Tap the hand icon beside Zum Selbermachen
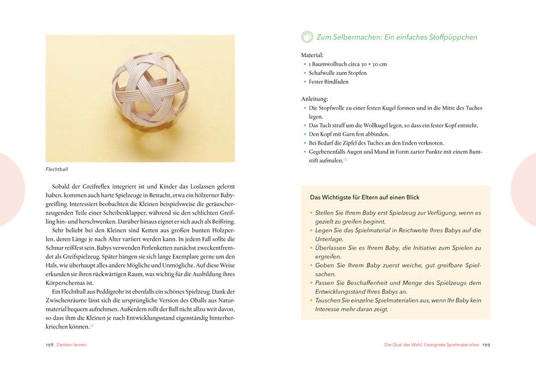click(x=307, y=36)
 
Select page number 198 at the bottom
click(x=50, y=345)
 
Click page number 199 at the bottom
click(x=486, y=345)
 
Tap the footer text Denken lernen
click(x=72, y=345)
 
